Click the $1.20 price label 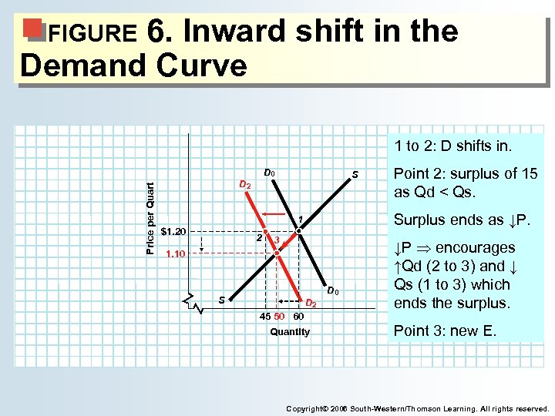175,231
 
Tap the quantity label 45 264,317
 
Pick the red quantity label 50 280,317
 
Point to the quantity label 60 298,317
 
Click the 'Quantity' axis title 290,332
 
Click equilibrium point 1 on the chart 298,230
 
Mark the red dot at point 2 265,231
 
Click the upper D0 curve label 270,173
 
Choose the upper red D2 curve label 244,185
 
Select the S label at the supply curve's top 355,175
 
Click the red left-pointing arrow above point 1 274,213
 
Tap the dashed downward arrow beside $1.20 201,244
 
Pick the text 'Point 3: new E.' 446,330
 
